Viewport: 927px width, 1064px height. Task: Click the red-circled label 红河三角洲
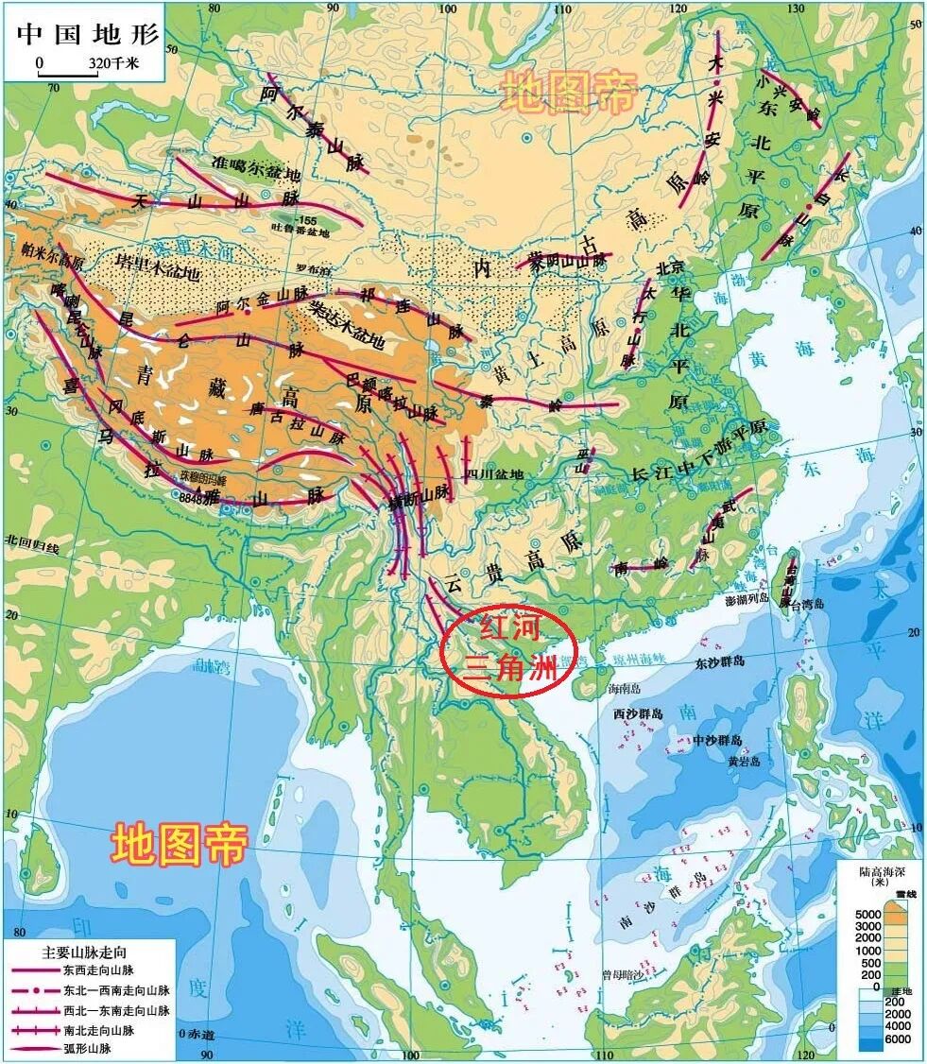[x=507, y=649]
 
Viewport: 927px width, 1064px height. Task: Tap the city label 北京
[x=669, y=267]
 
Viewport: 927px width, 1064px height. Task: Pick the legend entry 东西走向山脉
[x=97, y=970]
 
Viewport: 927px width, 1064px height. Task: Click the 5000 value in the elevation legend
[x=868, y=915]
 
